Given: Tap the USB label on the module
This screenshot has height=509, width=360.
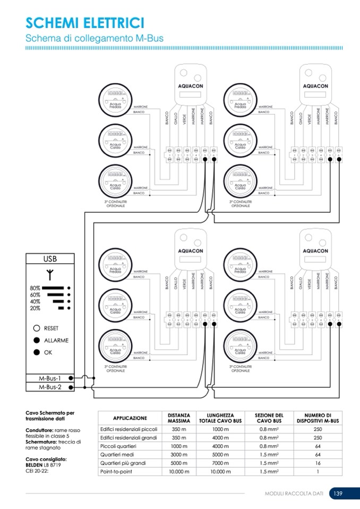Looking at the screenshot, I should pyautogui.click(x=50, y=260).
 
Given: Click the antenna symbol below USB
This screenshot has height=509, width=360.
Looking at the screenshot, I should pyautogui.click(x=50, y=275).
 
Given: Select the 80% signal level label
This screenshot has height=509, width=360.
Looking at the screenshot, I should pyautogui.click(x=36, y=288).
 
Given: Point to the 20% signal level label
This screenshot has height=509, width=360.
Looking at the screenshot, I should pyautogui.click(x=36, y=308).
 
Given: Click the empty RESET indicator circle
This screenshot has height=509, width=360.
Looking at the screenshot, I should pyautogui.click(x=37, y=329).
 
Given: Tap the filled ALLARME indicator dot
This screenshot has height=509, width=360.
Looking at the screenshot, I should pyautogui.click(x=37, y=340).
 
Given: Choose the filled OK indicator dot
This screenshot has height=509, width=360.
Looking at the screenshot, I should pyautogui.click(x=37, y=352).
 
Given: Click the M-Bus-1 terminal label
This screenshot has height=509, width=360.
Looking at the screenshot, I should pyautogui.click(x=50, y=378).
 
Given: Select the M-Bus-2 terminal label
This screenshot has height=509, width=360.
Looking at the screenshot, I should pyautogui.click(x=50, y=387).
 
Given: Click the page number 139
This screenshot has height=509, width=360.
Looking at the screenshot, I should pyautogui.click(x=338, y=494).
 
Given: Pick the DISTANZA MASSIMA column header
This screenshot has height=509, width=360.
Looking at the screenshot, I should pyautogui.click(x=179, y=418).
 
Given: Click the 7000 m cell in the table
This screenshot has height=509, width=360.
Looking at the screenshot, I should pyautogui.click(x=220, y=463).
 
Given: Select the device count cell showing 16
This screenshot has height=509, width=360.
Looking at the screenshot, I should pyautogui.click(x=318, y=463).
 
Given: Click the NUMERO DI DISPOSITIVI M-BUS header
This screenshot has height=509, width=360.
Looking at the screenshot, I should pyautogui.click(x=318, y=418).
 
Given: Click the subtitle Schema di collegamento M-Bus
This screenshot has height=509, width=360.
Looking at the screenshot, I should pyautogui.click(x=95, y=38).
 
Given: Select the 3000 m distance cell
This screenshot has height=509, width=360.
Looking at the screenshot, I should pyautogui.click(x=179, y=454).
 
